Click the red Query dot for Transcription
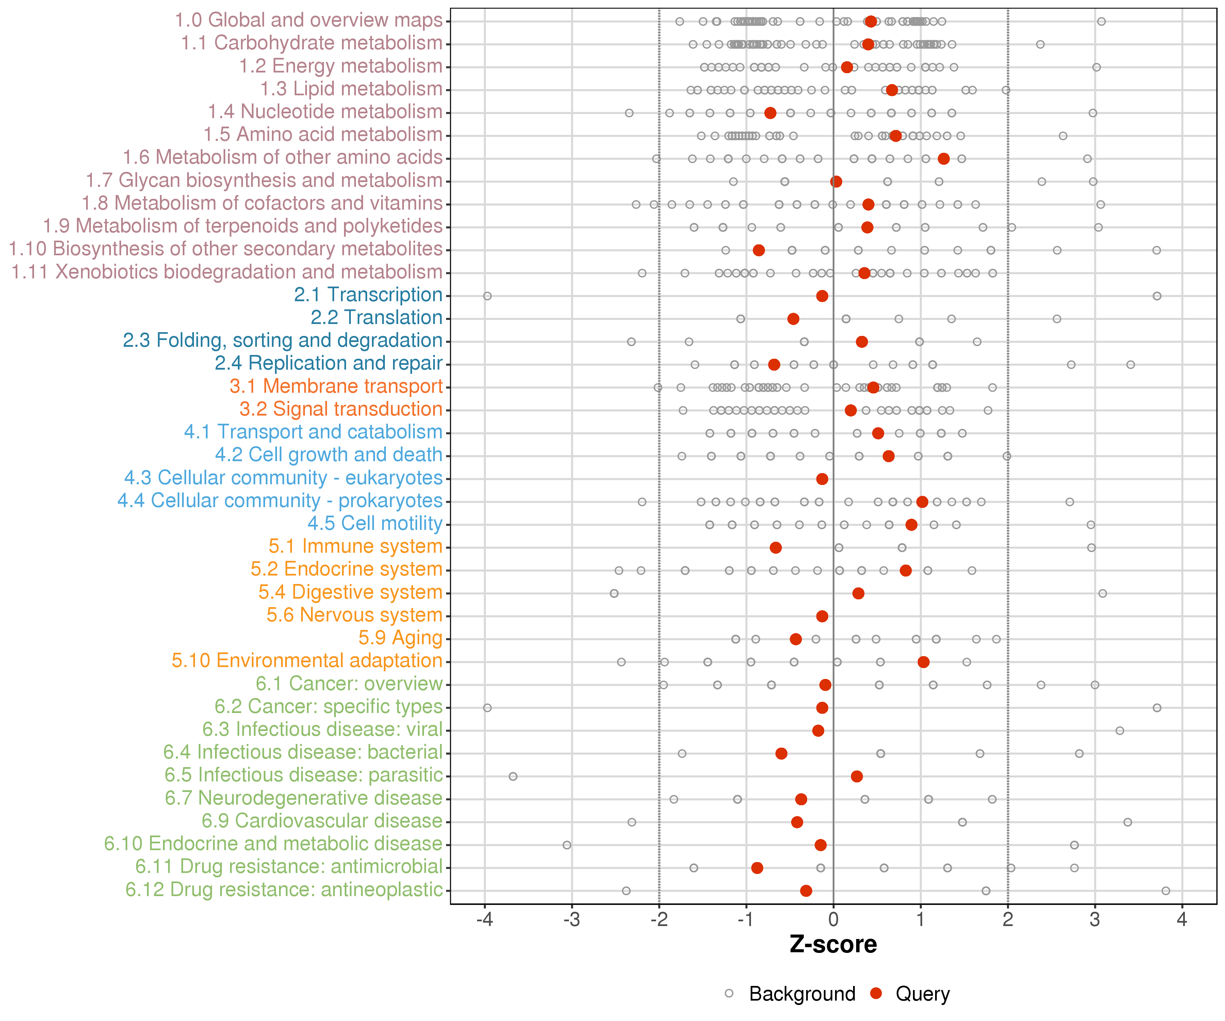[822, 296]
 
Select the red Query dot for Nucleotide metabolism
[770, 113]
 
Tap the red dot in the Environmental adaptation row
[923, 662]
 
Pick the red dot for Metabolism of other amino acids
[943, 159]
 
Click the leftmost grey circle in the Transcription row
[487, 296]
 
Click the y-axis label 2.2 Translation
[376, 318]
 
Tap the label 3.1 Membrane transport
[336, 386]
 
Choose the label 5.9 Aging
[400, 638]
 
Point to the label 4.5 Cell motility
[375, 523]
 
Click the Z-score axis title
[833, 944]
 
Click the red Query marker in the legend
[876, 993]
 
